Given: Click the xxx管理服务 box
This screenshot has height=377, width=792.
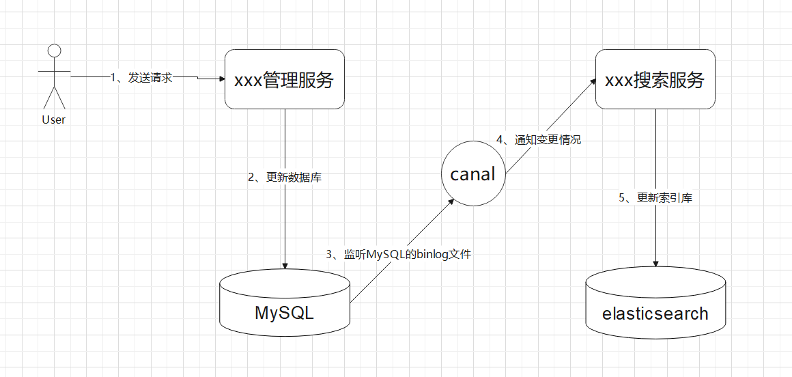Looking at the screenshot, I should point(284,79).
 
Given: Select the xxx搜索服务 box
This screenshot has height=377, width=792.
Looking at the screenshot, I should point(655,79).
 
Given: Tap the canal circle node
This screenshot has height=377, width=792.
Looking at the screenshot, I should point(472,174).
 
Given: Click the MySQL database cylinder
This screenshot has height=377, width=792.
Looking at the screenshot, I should point(285,304).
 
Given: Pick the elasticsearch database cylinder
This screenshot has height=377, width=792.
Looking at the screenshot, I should point(655,304).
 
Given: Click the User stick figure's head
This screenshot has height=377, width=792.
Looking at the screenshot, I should point(54,50).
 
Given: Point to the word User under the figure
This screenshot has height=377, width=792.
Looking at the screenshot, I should point(54,120).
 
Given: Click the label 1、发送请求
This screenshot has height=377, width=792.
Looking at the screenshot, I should point(142,78).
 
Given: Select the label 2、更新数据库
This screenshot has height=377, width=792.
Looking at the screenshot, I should point(285,178).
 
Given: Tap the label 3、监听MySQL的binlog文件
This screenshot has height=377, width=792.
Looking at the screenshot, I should point(399,255).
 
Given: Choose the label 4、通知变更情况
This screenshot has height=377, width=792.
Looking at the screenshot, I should point(539,139).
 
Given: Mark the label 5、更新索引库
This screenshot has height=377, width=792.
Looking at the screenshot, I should point(655,198).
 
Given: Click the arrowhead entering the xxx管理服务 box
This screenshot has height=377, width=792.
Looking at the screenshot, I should point(221,79).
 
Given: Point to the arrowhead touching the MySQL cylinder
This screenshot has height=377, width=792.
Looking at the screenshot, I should point(285,266).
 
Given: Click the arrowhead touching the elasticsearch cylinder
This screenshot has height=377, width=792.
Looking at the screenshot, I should point(655,264).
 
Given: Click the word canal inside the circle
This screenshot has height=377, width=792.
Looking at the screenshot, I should point(472,174).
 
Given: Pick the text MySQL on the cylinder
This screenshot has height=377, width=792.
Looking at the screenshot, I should point(285,313).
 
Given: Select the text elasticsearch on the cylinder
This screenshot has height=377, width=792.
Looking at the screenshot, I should point(655,313).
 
